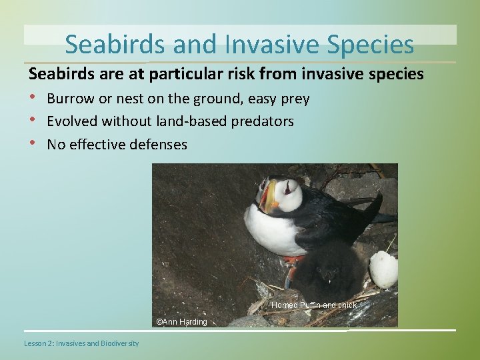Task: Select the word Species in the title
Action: pos(371,45)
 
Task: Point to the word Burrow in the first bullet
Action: pos(70,99)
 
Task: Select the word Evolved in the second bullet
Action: pos(72,121)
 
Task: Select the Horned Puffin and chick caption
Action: pos(313,305)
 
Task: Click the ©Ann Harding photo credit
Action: pos(181,322)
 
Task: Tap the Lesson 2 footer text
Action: pos(81,343)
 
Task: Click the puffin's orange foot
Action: pos(291,264)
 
